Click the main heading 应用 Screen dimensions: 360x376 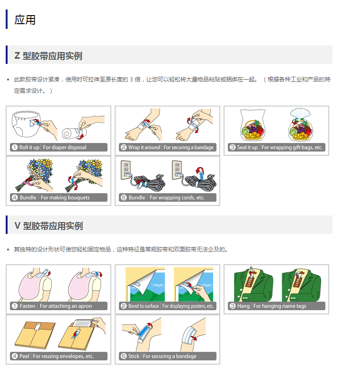click(25, 20)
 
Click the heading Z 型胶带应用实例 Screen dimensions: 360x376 click(48, 56)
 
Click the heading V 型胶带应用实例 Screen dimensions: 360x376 click(49, 226)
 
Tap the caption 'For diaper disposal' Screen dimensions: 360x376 click(64, 147)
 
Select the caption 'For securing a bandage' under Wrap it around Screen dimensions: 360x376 click(189, 147)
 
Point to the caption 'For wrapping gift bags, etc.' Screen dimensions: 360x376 click(292, 147)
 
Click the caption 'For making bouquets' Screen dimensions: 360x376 click(65, 197)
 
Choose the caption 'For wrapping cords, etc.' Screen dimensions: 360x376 click(177, 197)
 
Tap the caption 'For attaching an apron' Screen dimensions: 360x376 click(66, 306)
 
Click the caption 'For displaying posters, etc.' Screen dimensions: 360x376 click(188, 306)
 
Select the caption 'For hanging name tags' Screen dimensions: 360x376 click(279, 306)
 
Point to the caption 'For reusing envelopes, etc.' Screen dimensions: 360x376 click(63, 356)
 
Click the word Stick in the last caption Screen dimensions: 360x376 click(134, 356)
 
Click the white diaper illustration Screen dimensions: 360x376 click(26, 124)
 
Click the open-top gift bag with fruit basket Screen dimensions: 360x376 click(253, 125)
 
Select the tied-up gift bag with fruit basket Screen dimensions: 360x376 click(301, 125)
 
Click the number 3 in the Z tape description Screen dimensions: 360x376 click(131, 80)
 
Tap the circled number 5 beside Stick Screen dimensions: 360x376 click(124, 356)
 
